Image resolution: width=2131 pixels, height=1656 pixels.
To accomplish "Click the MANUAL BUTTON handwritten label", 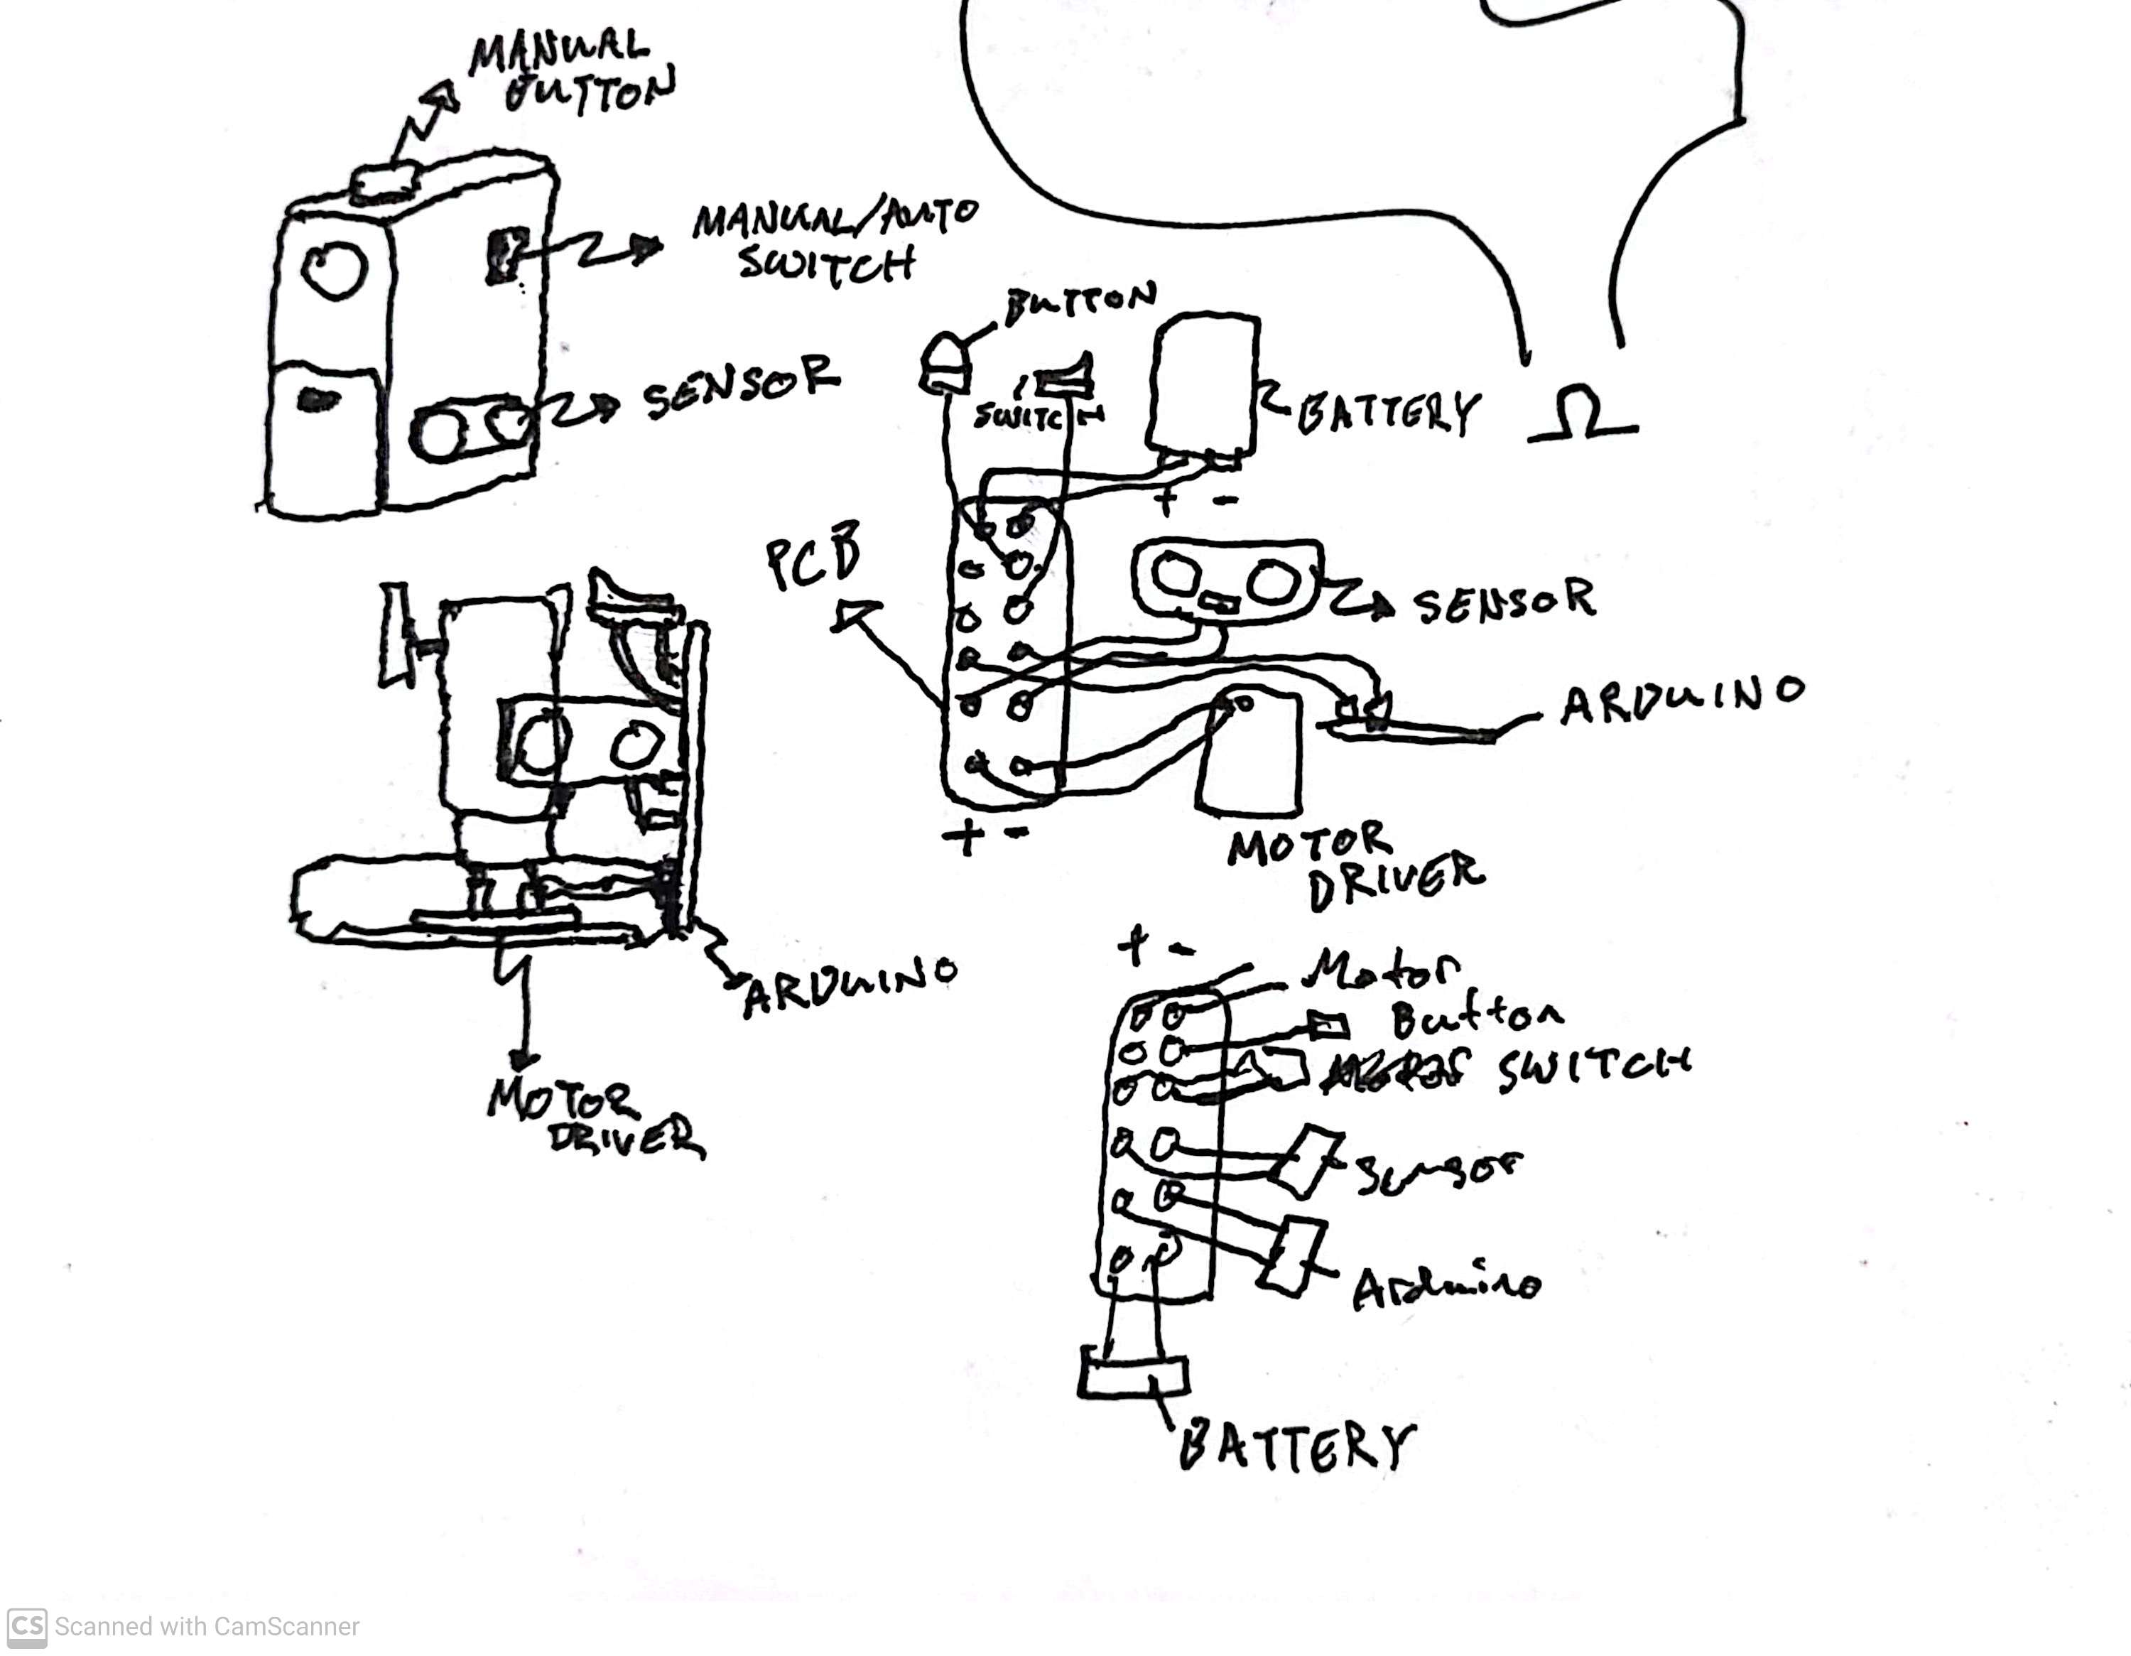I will click(571, 73).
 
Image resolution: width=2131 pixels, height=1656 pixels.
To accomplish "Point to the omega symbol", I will click(1580, 416).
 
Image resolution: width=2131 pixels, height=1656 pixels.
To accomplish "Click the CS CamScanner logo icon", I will click(26, 1625).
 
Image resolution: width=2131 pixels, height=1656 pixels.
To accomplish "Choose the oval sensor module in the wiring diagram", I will click(1225, 580).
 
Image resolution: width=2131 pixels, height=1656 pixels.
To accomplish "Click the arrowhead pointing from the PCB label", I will click(854, 615).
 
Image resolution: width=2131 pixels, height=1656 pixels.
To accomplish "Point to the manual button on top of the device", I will click(382, 183).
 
